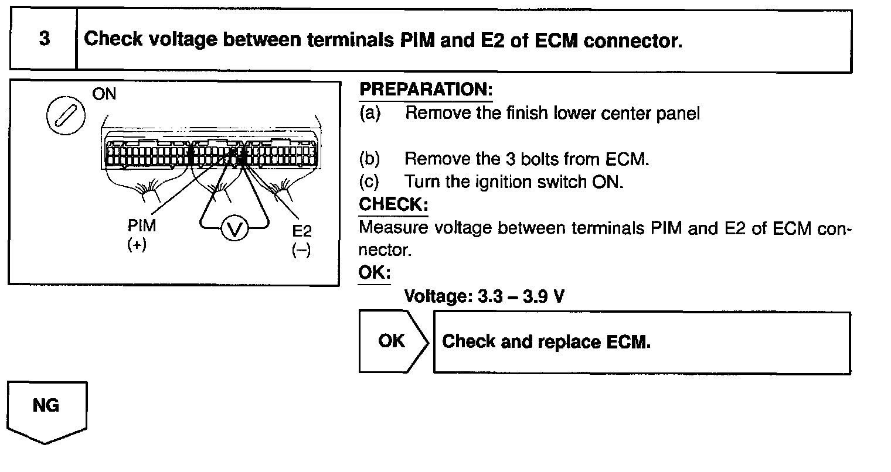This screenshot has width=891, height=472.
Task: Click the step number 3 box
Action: click(x=43, y=40)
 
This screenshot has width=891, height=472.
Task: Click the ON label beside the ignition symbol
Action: click(x=104, y=94)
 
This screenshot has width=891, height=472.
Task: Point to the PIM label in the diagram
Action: click(x=142, y=226)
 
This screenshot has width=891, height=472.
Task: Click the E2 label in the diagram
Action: click(x=302, y=230)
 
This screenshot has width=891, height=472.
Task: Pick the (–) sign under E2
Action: click(x=301, y=250)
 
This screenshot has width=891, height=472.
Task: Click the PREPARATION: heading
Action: click(x=426, y=90)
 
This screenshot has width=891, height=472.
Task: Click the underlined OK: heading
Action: click(x=374, y=273)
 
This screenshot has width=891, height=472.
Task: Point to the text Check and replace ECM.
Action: click(x=546, y=342)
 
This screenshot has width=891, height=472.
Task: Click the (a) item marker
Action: click(x=370, y=113)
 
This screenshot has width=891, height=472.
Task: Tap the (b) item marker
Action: click(x=370, y=159)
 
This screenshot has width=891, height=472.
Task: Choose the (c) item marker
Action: click(x=370, y=182)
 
